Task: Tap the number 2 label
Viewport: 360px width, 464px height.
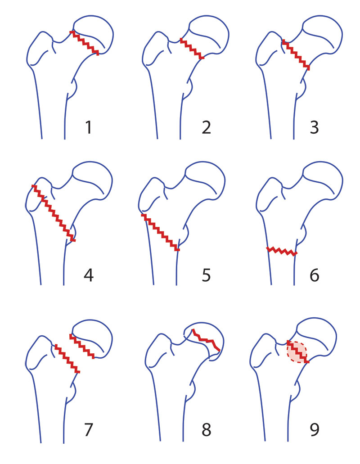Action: click(206, 127)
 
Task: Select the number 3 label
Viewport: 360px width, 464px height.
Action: click(314, 127)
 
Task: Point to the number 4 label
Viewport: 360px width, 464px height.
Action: click(89, 275)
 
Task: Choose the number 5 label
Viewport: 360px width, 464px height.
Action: click(206, 275)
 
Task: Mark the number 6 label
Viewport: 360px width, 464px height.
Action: click(314, 275)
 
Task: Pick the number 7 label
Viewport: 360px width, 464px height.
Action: click(89, 430)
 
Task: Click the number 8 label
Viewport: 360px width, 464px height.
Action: click(206, 430)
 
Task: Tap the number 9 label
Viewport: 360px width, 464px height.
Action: click(314, 430)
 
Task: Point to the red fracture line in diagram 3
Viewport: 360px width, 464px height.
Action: click(296, 55)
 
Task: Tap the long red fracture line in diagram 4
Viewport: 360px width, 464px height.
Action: click(54, 213)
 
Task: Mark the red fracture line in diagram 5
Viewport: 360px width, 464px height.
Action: click(160, 232)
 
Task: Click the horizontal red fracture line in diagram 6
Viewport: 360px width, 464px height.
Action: click(282, 251)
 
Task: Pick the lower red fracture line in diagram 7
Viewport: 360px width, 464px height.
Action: click(67, 359)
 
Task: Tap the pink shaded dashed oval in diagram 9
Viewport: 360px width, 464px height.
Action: click(297, 352)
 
